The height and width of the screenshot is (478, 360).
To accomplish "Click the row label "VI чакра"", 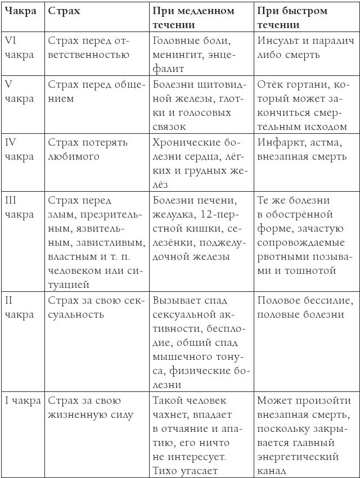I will pos(19,47).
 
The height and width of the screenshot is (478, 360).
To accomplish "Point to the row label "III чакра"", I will pos(19,207).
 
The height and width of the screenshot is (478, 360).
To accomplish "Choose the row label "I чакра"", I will pos(22,401).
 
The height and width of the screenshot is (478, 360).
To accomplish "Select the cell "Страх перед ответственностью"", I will pos(89,47).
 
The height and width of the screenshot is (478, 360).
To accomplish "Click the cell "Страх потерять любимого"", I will pos(88,149).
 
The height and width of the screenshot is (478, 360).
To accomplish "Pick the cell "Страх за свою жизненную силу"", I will pos(89,408).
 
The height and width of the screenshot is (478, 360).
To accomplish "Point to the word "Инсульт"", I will pos(278,40).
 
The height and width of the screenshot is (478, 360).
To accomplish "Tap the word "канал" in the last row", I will pos(272,470).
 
